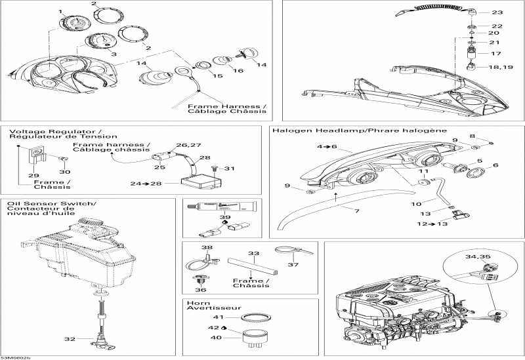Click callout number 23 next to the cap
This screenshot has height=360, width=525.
click(497, 12)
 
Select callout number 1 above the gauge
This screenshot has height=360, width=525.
click(61, 12)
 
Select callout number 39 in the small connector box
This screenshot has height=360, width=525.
click(225, 217)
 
